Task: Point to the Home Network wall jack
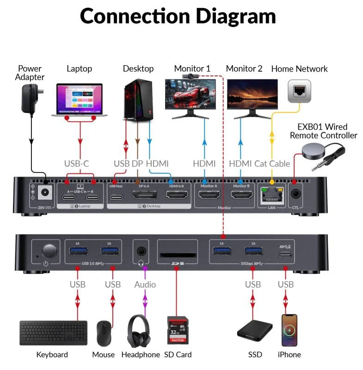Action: [x=299, y=91]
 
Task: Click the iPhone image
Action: [x=289, y=330]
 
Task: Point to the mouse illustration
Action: [x=103, y=333]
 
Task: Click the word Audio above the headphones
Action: [x=145, y=284]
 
